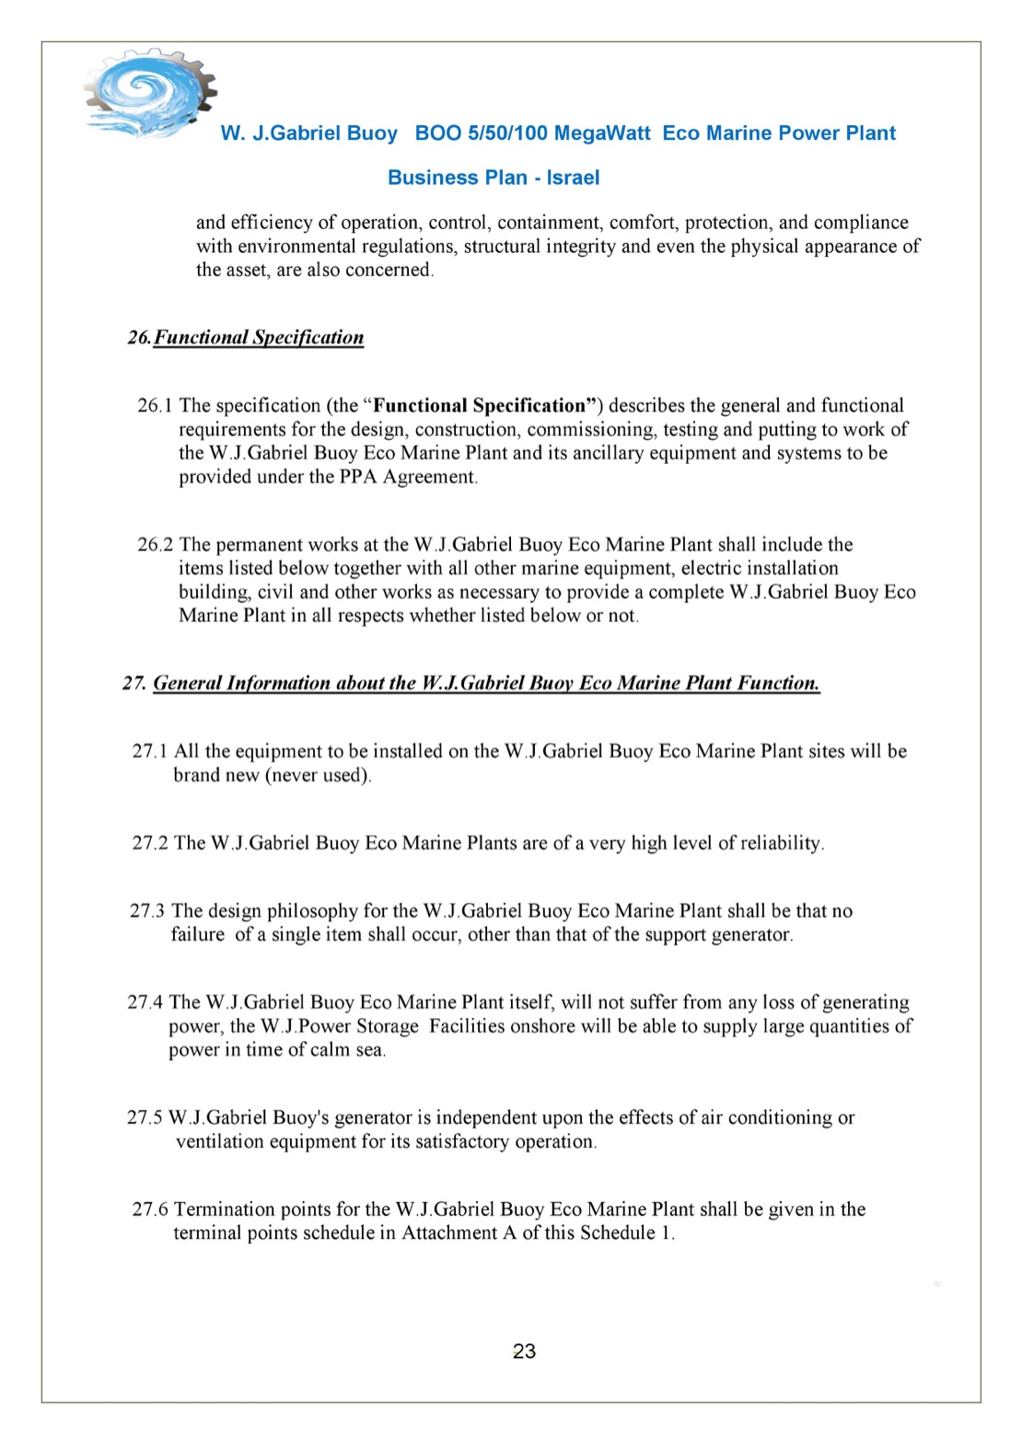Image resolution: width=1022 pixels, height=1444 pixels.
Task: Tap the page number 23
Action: click(x=524, y=1351)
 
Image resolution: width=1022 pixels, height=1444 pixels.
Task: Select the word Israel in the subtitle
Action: click(x=573, y=178)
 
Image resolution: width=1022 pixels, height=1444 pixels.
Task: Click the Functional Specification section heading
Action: click(x=258, y=338)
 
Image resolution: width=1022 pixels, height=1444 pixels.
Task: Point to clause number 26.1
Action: click(x=155, y=406)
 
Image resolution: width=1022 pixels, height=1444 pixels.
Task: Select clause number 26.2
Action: click(x=155, y=545)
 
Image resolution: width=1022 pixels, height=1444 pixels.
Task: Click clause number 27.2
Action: click(x=150, y=843)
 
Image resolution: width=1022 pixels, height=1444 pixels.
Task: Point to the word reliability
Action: click(x=778, y=843)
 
